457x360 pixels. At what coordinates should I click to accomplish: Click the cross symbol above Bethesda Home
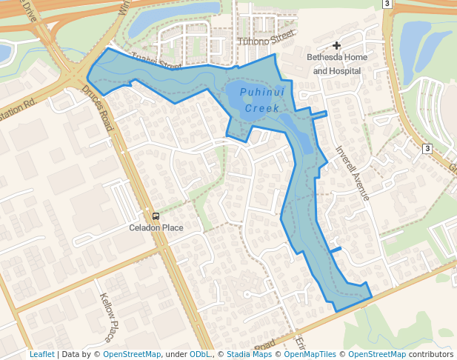point(336,46)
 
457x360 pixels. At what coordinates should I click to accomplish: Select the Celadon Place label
point(156,227)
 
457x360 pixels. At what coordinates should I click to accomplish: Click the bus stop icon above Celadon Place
point(156,216)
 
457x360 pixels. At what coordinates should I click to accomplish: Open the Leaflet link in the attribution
point(41,355)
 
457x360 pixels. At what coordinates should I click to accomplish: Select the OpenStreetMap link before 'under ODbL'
point(132,355)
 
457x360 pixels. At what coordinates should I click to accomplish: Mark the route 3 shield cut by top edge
point(387,3)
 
